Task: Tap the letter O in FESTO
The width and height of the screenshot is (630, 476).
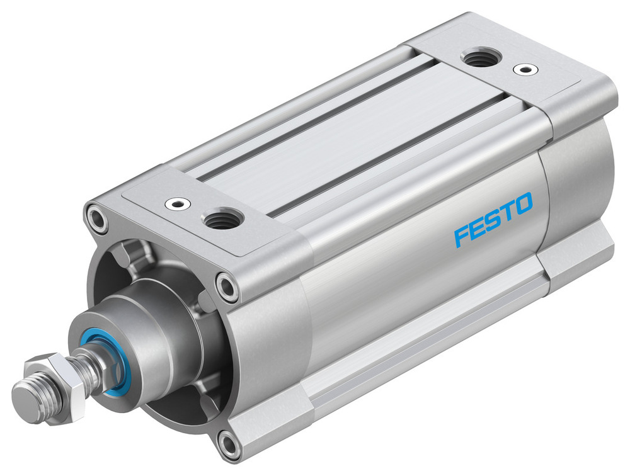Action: point(523,204)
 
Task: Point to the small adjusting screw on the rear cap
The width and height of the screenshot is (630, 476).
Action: point(522,68)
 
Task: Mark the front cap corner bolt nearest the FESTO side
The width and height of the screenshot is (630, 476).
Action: point(227,286)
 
